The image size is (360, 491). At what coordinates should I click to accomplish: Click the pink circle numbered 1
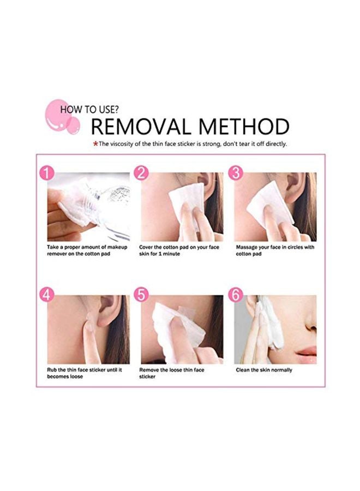47,173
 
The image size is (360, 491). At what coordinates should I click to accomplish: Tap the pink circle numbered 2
141,173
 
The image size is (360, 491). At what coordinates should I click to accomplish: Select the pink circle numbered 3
236,173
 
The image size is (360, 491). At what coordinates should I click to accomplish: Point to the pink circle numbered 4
47,295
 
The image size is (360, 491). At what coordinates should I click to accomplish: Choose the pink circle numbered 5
141,295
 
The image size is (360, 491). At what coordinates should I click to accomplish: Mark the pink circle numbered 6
236,295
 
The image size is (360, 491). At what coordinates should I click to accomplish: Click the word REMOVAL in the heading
141,127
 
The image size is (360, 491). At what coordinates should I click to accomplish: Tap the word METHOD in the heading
244,127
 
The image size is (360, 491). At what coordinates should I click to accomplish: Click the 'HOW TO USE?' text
89,110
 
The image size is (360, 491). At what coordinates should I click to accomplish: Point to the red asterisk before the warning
96,144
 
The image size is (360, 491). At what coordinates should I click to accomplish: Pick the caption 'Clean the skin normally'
264,370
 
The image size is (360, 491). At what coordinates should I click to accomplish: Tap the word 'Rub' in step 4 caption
52,370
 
